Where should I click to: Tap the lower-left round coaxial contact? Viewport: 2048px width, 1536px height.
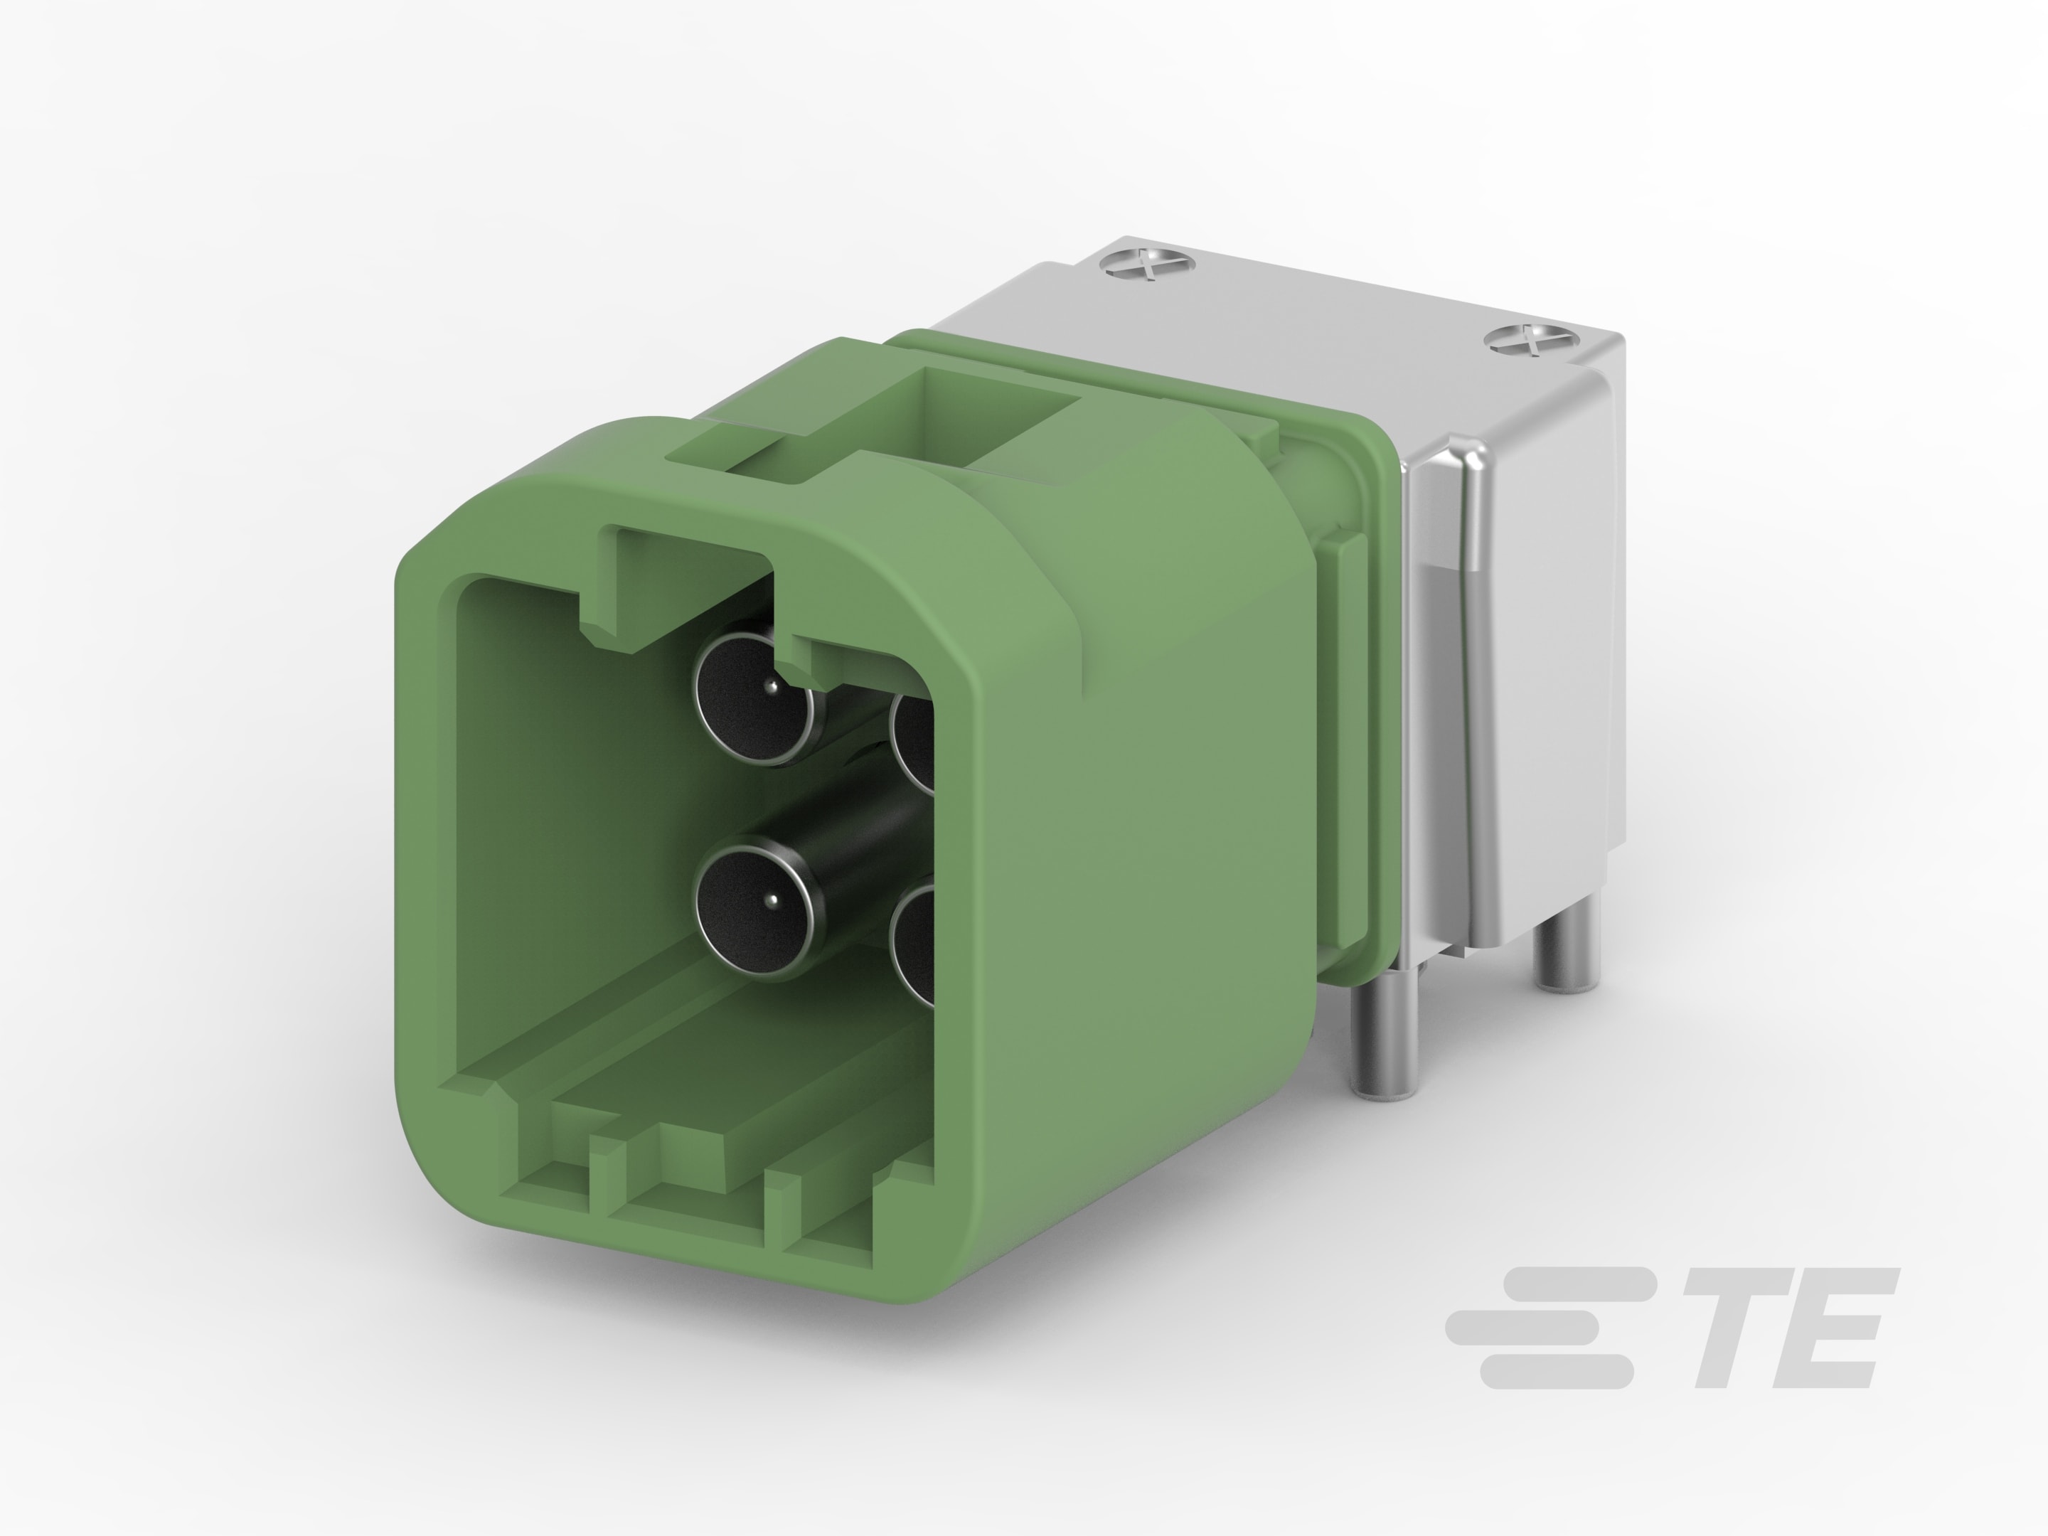click(x=755, y=907)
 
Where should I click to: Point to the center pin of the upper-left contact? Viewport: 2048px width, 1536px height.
click(x=770, y=686)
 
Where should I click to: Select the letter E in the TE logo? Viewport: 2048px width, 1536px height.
click(x=1828, y=1328)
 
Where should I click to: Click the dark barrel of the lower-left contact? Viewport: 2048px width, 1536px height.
click(x=861, y=843)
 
